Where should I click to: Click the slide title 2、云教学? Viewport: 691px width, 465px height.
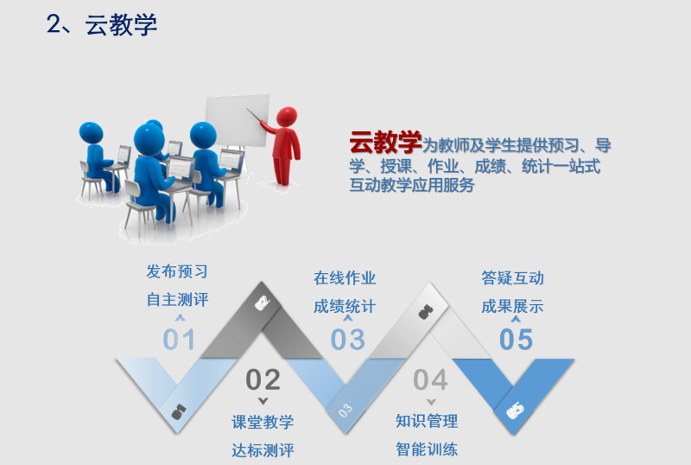click(x=102, y=24)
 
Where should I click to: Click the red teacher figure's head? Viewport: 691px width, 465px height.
click(x=287, y=117)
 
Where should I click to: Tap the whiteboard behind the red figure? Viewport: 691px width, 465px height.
click(x=238, y=120)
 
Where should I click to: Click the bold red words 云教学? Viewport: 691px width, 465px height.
click(x=385, y=142)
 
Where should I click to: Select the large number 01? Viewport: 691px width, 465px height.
click(x=179, y=340)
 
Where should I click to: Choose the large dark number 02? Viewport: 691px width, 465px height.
click(x=263, y=379)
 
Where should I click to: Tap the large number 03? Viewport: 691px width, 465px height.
click(x=348, y=340)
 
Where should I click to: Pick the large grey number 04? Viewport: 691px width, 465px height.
click(x=430, y=379)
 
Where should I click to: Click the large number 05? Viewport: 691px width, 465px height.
click(x=516, y=340)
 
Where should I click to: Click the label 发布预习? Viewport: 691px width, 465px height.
click(x=177, y=271)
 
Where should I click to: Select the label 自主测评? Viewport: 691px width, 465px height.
click(x=177, y=300)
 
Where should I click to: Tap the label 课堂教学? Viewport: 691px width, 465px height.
click(x=263, y=422)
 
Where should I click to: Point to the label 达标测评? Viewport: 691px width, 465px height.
click(x=263, y=450)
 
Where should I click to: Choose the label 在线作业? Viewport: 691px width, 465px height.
click(x=345, y=278)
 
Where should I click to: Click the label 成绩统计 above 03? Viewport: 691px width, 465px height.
click(x=345, y=306)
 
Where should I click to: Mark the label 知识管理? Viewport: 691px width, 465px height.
click(x=427, y=421)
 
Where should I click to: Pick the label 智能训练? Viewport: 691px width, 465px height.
click(x=427, y=449)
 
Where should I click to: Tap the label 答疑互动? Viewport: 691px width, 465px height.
click(x=512, y=278)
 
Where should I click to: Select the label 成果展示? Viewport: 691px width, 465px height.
click(x=512, y=306)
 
